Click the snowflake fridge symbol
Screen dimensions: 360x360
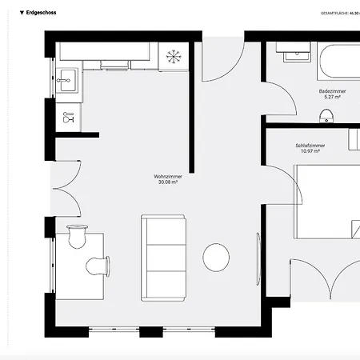(171, 56)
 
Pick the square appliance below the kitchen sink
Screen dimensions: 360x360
(68, 118)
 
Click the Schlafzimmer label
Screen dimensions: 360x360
(308, 145)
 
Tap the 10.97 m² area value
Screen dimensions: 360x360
(309, 151)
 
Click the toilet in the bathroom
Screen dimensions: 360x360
(325, 117)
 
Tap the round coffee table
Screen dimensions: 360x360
(216, 257)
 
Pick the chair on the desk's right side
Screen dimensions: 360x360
(99, 265)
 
